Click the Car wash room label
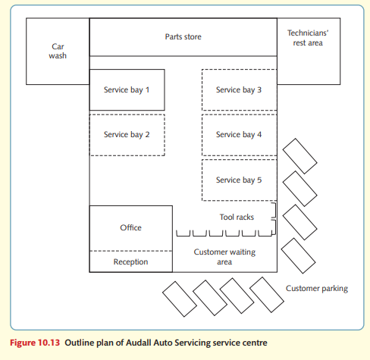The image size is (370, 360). pyautogui.click(x=58, y=51)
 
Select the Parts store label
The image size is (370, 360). pyautogui.click(x=183, y=36)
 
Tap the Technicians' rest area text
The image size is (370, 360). pyautogui.click(x=308, y=38)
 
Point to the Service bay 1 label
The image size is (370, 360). pyautogui.click(x=127, y=90)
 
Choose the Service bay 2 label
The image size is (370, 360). pyautogui.click(x=127, y=135)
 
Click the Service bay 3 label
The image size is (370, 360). pyautogui.click(x=239, y=90)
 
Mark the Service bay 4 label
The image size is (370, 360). pyautogui.click(x=239, y=135)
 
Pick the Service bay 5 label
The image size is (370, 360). pyautogui.click(x=239, y=180)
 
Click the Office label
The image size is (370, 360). pyautogui.click(x=130, y=227)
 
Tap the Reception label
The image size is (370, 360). pyautogui.click(x=130, y=262)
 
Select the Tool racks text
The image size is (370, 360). pyautogui.click(x=237, y=217)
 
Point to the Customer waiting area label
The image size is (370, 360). pyautogui.click(x=224, y=257)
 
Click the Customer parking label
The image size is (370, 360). pyautogui.click(x=317, y=289)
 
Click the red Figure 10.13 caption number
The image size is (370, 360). pyautogui.click(x=35, y=343)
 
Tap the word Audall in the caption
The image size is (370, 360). pyautogui.click(x=139, y=343)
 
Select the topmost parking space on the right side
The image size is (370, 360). pyautogui.click(x=299, y=156)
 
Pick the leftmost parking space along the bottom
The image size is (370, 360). pyautogui.click(x=180, y=299)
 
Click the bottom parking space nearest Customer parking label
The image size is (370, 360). pyautogui.click(x=267, y=295)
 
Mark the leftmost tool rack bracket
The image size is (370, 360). pyautogui.click(x=183, y=233)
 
